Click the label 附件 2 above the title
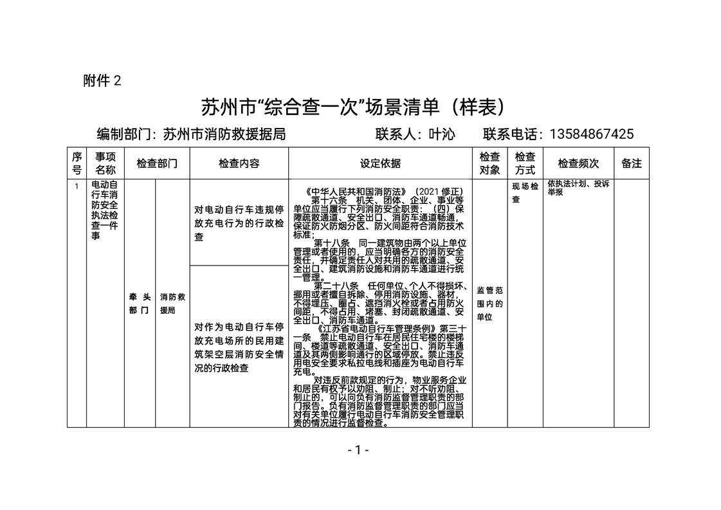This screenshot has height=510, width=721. tap(102, 80)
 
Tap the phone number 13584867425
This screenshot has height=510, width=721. tap(592, 134)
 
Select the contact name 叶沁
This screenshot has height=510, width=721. tap(442, 134)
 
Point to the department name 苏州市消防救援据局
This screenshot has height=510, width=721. tap(224, 134)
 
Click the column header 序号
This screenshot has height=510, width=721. tap(77, 163)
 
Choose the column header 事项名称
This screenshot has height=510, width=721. tap(105, 163)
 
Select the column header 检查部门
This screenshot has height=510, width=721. tap(157, 163)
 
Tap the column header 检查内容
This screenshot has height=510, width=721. tap(239, 163)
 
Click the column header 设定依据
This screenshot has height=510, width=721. tap(380, 163)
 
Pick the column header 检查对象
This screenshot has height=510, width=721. tap(489, 163)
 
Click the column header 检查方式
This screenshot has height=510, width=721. tap(525, 163)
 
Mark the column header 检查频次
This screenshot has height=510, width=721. tap(578, 163)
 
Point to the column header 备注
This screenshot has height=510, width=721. tap(632, 163)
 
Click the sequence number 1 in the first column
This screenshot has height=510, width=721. tap(77, 187)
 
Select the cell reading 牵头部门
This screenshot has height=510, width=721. tap(140, 304)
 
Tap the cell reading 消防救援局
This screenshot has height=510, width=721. tap(172, 304)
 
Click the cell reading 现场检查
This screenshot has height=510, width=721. tap(525, 193)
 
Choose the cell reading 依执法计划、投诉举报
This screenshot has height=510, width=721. tap(578, 188)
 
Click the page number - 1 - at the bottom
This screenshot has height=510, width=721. tap(358, 450)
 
